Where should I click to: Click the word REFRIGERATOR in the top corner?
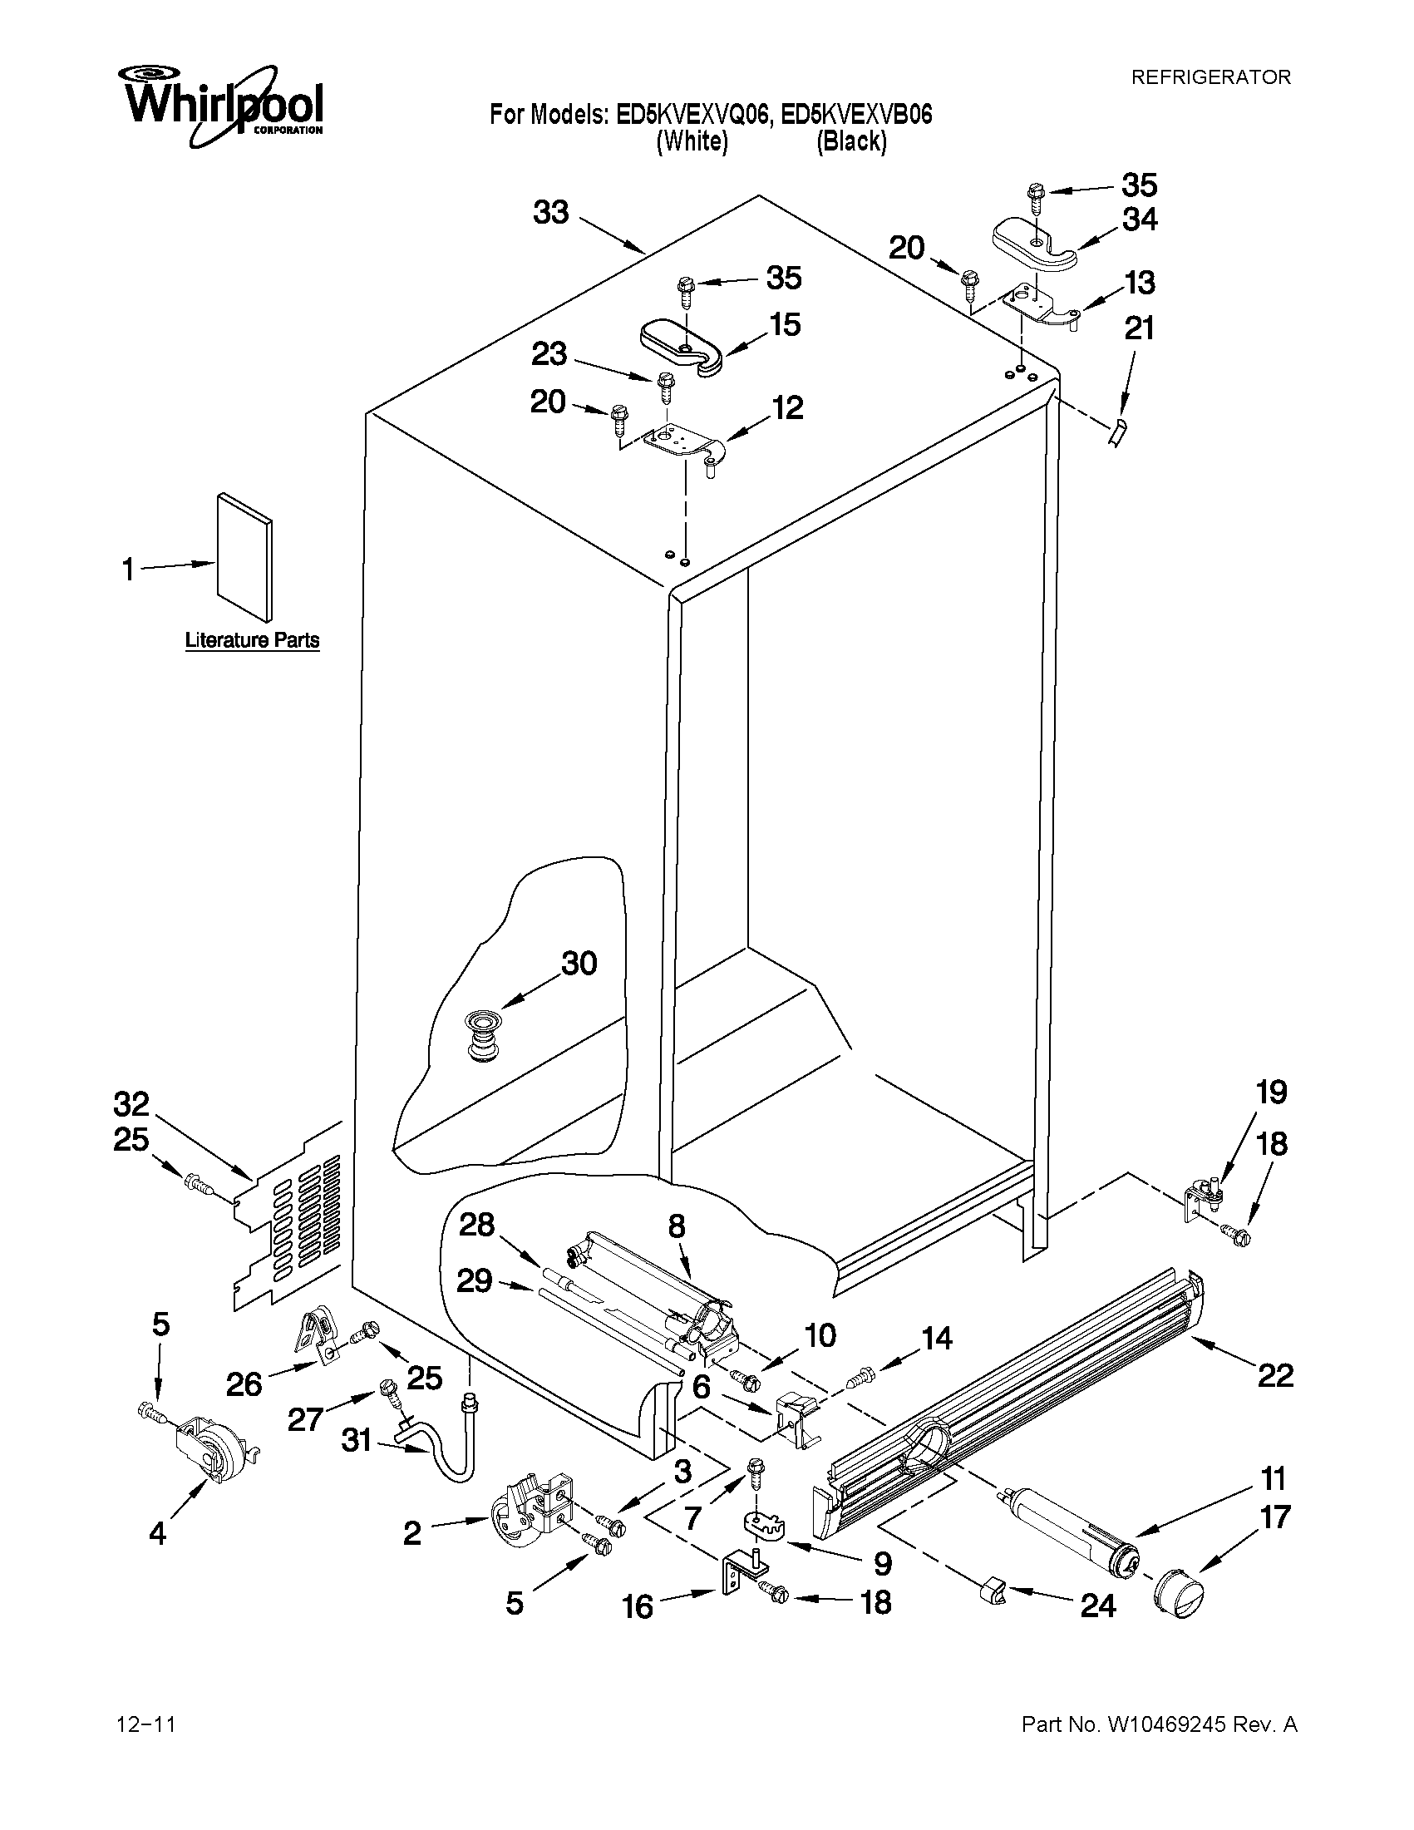[x=1210, y=78]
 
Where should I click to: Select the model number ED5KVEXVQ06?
[x=691, y=115]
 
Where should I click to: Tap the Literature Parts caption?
[x=252, y=641]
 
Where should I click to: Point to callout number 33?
[x=551, y=213]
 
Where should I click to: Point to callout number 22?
[x=1276, y=1375]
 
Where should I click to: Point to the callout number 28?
[x=476, y=1225]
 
